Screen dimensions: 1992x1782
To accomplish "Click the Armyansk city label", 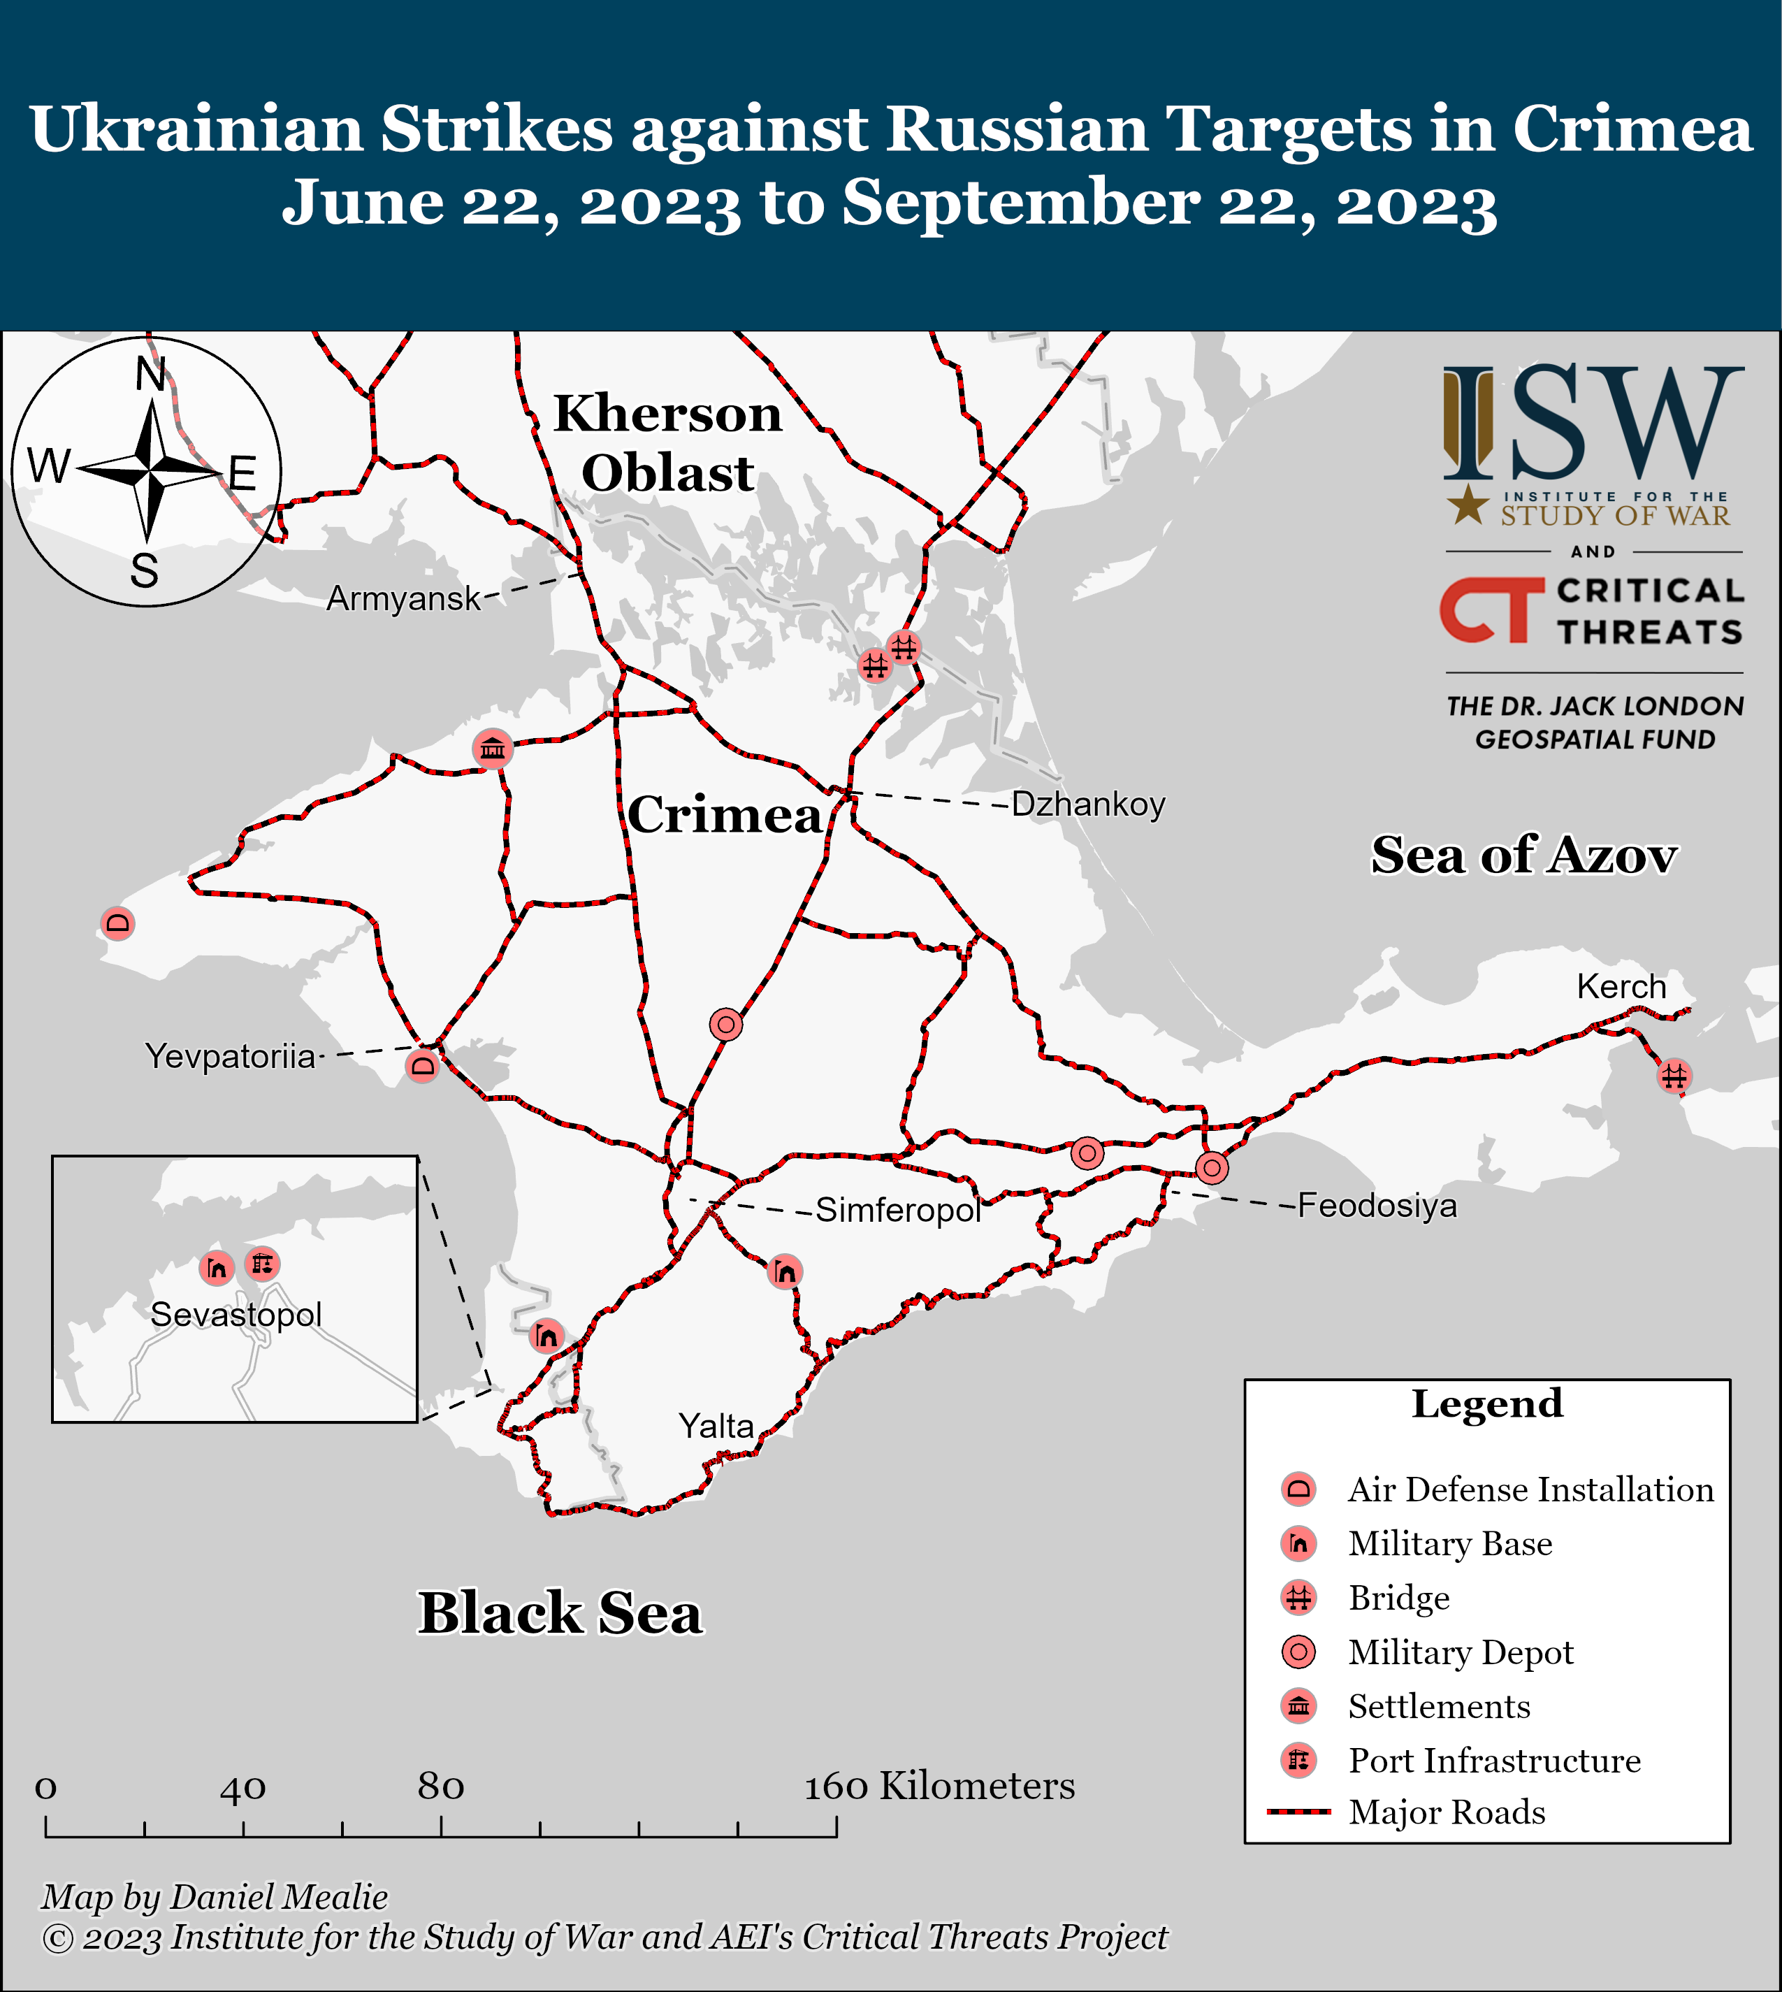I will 403,598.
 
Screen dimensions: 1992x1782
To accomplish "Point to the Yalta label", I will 716,1426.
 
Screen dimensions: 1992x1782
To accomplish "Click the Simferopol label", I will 898,1211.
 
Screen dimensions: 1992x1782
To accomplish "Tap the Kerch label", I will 1621,986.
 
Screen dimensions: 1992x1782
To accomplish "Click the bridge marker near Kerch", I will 1673,1075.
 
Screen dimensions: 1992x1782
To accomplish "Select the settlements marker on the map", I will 493,749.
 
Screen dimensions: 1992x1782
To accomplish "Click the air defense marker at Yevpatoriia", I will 423,1064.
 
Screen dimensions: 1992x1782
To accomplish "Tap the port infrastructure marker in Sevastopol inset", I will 261,1264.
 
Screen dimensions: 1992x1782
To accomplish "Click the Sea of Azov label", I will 1523,855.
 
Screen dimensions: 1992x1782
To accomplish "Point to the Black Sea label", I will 560,1613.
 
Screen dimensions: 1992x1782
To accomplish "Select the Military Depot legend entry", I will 1460,1652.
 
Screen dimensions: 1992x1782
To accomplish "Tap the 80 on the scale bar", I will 440,1787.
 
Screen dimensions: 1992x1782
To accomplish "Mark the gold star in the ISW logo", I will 1468,505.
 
